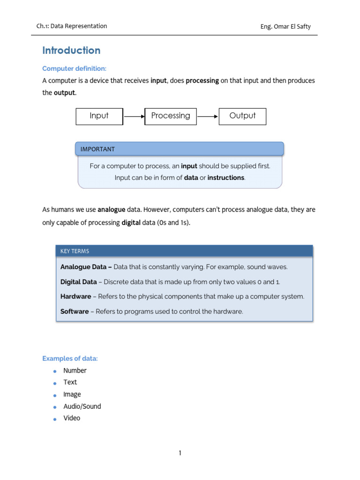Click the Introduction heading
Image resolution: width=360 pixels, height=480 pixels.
pyautogui.click(x=71, y=51)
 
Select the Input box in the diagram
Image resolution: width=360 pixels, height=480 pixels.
pyautogui.click(x=99, y=116)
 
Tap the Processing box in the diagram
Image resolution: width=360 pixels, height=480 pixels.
pyautogui.click(x=171, y=116)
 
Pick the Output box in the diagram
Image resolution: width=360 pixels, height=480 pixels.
pyautogui.click(x=242, y=116)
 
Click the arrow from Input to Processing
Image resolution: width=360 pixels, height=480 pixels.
pyautogui.click(x=134, y=117)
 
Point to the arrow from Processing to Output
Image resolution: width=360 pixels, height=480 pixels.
pyautogui.click(x=208, y=117)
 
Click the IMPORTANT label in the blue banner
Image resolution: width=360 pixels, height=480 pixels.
pyautogui.click(x=97, y=149)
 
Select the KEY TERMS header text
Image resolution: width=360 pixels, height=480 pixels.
pyautogui.click(x=75, y=251)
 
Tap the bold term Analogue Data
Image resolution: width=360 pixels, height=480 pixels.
pyautogui.click(x=86, y=267)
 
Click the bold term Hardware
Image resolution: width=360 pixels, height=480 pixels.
pyautogui.click(x=75, y=297)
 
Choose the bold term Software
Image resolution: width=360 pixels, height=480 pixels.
pyautogui.click(x=75, y=312)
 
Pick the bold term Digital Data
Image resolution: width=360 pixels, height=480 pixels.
pyautogui.click(x=78, y=282)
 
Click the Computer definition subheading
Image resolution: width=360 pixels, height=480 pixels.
pyautogui.click(x=75, y=68)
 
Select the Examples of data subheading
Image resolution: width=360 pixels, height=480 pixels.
pyautogui.click(x=70, y=359)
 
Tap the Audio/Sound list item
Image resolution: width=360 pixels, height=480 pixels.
pyautogui.click(x=82, y=406)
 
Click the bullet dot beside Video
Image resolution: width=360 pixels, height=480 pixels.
pyautogui.click(x=54, y=419)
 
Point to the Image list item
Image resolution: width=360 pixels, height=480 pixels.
pyautogui.click(x=72, y=394)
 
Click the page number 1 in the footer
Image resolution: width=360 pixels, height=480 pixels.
pyautogui.click(x=180, y=453)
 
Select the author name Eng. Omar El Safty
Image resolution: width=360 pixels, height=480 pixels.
pyautogui.click(x=285, y=26)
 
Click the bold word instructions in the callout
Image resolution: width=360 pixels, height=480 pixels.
pyautogui.click(x=226, y=178)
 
